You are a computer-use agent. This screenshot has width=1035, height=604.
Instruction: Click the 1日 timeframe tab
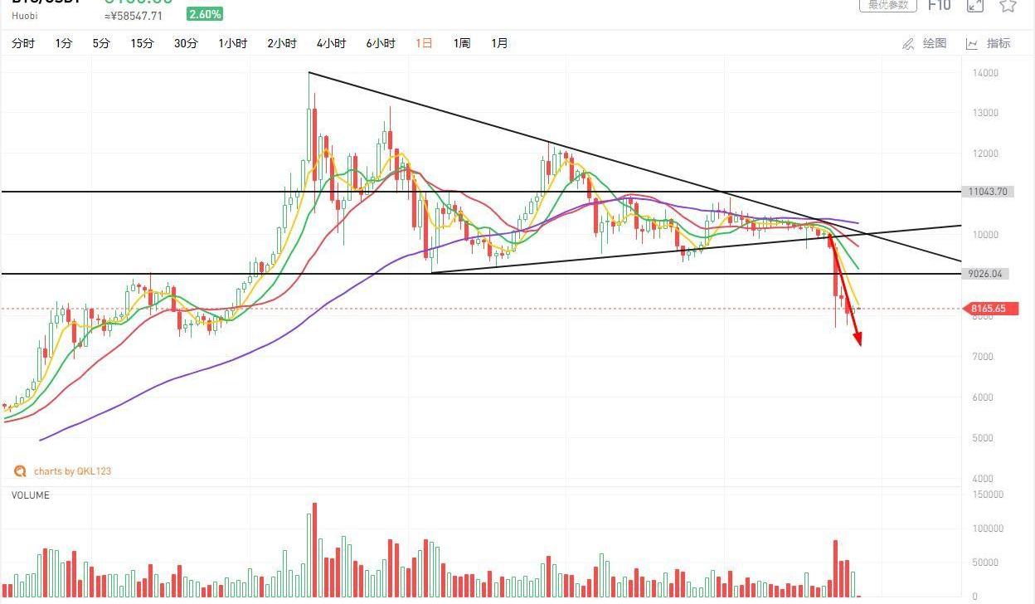pyautogui.click(x=424, y=43)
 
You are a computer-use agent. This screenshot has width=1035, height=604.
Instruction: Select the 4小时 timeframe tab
pyautogui.click(x=331, y=43)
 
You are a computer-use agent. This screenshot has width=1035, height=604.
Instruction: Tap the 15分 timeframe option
pyautogui.click(x=142, y=43)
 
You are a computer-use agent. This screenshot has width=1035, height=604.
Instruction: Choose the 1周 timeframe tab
pyautogui.click(x=461, y=43)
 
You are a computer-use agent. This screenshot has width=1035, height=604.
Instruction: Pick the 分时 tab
pyautogui.click(x=23, y=43)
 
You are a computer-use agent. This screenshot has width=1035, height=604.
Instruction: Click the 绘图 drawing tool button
pyautogui.click(x=925, y=43)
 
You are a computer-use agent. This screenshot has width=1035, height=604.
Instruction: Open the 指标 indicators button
pyautogui.click(x=989, y=43)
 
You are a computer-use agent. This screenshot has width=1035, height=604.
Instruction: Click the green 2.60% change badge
pyautogui.click(x=205, y=14)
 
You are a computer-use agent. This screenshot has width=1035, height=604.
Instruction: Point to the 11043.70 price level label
pyautogui.click(x=987, y=192)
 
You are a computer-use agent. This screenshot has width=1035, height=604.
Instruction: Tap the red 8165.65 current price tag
pyautogui.click(x=989, y=309)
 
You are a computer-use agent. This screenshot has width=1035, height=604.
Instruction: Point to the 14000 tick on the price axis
pyautogui.click(x=985, y=73)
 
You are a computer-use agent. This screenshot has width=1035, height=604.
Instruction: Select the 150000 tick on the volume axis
pyautogui.click(x=987, y=494)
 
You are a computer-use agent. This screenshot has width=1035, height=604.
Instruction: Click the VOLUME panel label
pyautogui.click(x=31, y=495)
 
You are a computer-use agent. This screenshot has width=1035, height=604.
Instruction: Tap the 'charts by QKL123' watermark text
pyautogui.click(x=72, y=471)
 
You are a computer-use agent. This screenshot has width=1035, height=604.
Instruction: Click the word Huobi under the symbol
pyautogui.click(x=26, y=16)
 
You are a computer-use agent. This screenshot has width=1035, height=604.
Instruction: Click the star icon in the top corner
pyautogui.click(x=1008, y=6)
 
